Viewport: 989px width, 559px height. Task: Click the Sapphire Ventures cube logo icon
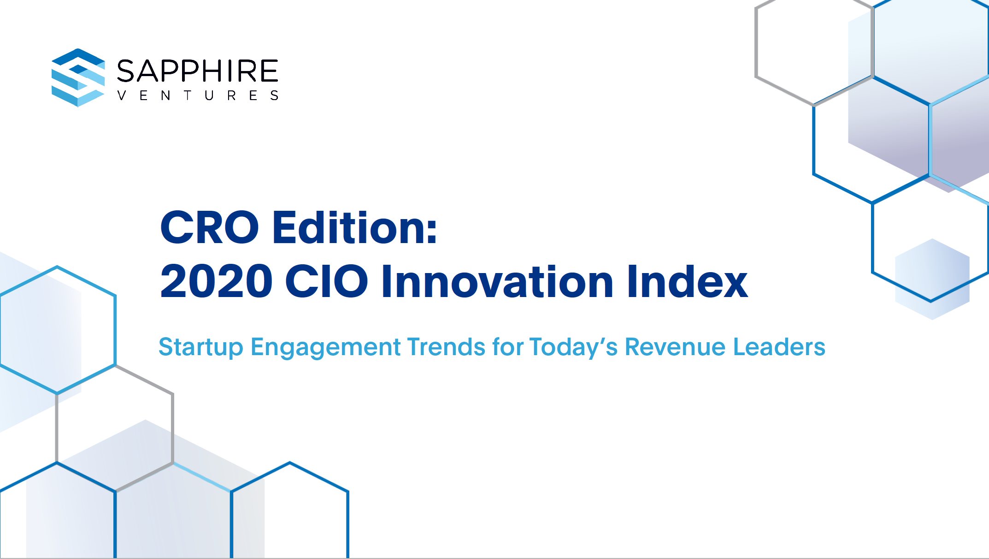coord(78,77)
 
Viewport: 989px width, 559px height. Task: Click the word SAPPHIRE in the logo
coord(197,71)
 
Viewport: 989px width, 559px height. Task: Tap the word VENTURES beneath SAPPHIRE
coord(197,95)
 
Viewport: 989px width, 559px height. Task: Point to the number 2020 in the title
coord(216,281)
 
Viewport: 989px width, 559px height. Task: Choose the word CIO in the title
coord(326,281)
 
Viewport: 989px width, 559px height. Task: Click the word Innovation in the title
coord(497,281)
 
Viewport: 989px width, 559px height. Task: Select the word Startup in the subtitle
coord(201,347)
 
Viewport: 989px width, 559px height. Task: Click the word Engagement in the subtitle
coord(326,347)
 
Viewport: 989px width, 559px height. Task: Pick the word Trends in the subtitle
coord(446,347)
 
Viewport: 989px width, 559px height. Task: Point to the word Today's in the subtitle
coord(573,347)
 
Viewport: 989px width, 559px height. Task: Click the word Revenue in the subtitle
coord(675,347)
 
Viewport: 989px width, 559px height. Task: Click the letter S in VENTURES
coord(274,95)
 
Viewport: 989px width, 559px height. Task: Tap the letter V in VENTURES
coord(122,95)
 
